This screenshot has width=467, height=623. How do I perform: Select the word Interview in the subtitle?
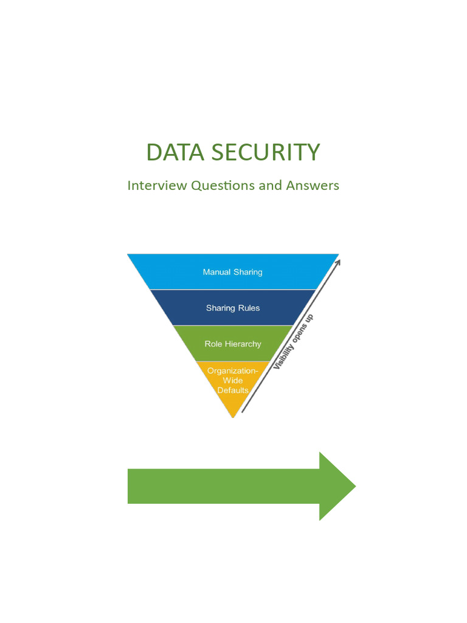(157, 186)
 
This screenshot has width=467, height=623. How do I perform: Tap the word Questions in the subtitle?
(223, 186)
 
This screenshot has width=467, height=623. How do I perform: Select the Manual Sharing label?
(233, 272)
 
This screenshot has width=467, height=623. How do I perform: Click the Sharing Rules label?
(233, 308)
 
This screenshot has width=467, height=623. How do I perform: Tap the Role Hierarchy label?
(233, 344)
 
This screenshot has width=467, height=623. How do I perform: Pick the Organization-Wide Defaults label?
(233, 380)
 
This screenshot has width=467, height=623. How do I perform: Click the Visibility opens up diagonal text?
(293, 343)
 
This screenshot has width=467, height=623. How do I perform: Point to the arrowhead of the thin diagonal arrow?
(338, 262)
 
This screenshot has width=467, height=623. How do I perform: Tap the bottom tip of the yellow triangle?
(233, 416)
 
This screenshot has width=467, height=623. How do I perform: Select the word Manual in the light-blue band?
(216, 272)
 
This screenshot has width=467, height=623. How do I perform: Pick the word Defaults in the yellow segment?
(233, 391)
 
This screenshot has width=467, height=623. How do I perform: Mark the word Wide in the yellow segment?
(233, 380)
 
